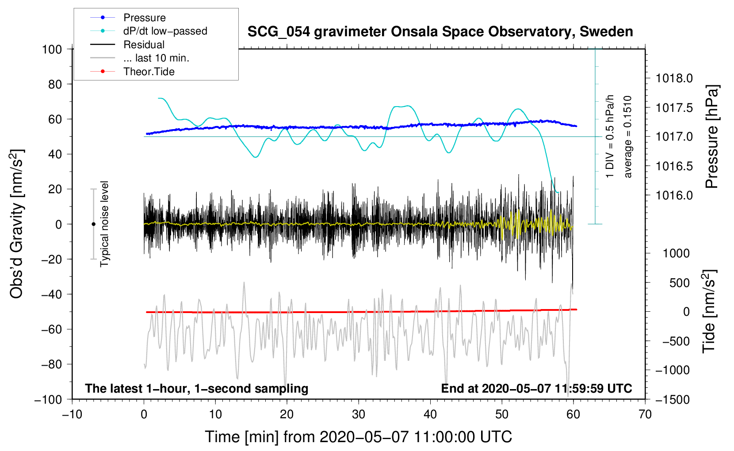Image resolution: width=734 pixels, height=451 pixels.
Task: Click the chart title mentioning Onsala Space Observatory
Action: pos(440,32)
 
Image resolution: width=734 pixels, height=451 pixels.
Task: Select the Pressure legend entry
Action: pos(144,18)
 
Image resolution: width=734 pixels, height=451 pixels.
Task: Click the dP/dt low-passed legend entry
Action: pos(165,31)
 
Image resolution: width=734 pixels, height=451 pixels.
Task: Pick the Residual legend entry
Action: pos(144,45)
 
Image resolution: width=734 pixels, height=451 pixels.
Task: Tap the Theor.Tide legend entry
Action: pos(149,72)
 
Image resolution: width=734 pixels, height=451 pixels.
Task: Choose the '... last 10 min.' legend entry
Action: pos(156,58)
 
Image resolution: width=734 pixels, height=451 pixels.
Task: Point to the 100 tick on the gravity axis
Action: pos(52,49)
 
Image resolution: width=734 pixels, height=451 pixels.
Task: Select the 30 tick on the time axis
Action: pos(359,414)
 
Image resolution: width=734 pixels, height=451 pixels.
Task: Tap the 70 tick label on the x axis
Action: pos(645,414)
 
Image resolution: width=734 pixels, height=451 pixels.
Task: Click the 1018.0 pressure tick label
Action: pos(674,79)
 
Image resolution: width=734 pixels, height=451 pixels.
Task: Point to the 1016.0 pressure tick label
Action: pos(674,195)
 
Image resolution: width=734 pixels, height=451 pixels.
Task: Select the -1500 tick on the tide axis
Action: pos(673,399)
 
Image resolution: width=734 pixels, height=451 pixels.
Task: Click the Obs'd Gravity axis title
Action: pos(17,224)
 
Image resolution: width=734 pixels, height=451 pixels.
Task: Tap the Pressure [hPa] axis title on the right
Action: pos(711,137)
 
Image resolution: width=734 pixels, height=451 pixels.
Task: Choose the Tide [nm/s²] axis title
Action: pos(709,312)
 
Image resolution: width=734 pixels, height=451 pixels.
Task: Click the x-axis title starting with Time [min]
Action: pos(358,437)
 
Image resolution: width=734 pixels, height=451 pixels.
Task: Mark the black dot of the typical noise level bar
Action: pos(93,224)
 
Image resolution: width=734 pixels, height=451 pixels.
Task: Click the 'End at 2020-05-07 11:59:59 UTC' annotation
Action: pos(536,388)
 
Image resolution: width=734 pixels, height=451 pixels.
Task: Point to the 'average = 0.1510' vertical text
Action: pos(628,137)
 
